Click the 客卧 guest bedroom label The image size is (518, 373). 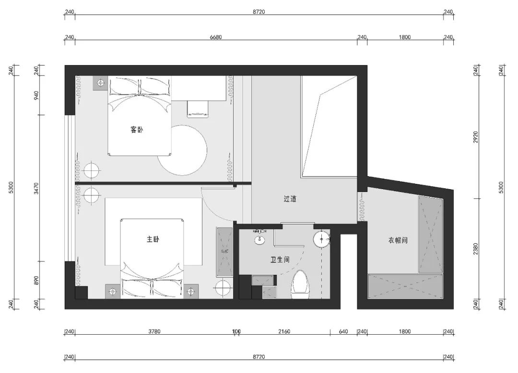[x=137, y=130]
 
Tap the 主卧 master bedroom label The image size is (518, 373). [x=153, y=240]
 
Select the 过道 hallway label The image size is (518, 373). [x=290, y=199]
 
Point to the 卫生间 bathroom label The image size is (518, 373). [x=280, y=260]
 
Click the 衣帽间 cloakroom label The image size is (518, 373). [x=398, y=240]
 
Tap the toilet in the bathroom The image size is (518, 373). [x=301, y=285]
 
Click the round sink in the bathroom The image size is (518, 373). [x=321, y=239]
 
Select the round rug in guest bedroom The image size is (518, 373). [x=182, y=150]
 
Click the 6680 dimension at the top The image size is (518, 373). [x=215, y=37]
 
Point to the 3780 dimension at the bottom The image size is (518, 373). [x=154, y=331]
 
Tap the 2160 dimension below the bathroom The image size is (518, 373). [x=284, y=331]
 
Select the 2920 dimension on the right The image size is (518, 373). [x=476, y=137]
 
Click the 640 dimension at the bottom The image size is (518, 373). [x=343, y=331]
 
